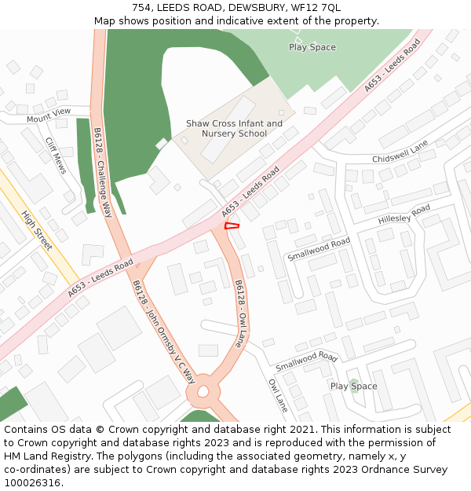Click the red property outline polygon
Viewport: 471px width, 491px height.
[x=232, y=226]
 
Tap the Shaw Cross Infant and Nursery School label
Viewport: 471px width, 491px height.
[x=234, y=128]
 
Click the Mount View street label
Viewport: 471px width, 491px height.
[x=49, y=115]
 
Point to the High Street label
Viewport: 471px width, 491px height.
[x=37, y=230]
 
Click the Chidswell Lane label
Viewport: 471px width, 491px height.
[x=400, y=153]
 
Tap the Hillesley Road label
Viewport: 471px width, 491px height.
[x=403, y=214]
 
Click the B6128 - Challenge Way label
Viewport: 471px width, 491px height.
[x=103, y=172]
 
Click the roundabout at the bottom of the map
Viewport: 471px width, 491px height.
[x=203, y=390]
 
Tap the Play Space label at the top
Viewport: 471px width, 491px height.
[x=312, y=47]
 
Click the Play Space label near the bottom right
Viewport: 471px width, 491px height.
[x=353, y=387]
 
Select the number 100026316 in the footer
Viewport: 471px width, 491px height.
[x=31, y=483]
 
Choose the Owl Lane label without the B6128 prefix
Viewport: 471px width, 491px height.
[x=278, y=396]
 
